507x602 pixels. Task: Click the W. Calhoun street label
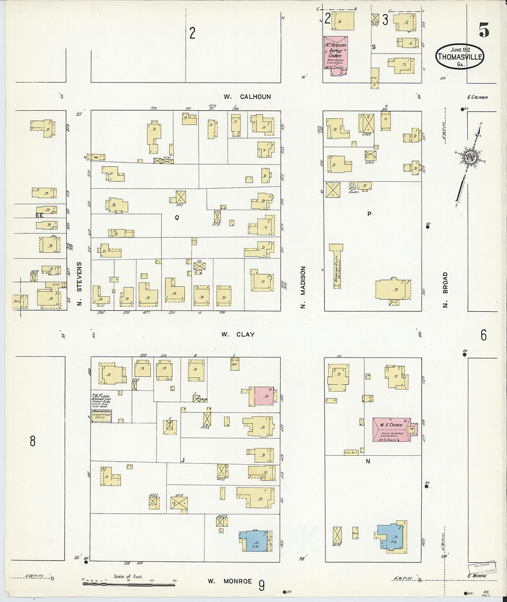pos(247,97)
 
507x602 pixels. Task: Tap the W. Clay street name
pos(237,334)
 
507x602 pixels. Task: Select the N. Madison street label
pos(303,287)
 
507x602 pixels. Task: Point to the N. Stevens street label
pos(79,283)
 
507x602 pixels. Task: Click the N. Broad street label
pos(445,290)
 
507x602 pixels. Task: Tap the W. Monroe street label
pos(230,581)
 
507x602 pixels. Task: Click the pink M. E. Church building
pos(391,429)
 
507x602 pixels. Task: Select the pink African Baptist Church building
pos(336,53)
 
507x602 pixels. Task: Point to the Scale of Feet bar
pos(129,584)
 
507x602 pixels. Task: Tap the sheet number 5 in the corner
pos(483,30)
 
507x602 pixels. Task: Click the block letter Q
pos(177,217)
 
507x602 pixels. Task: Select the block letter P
pos(369,214)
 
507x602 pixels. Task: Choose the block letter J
pos(183,460)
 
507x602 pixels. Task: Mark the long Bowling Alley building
pos(337,266)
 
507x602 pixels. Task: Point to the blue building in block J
pos(255,540)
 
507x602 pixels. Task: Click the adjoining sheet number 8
pos(32,441)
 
